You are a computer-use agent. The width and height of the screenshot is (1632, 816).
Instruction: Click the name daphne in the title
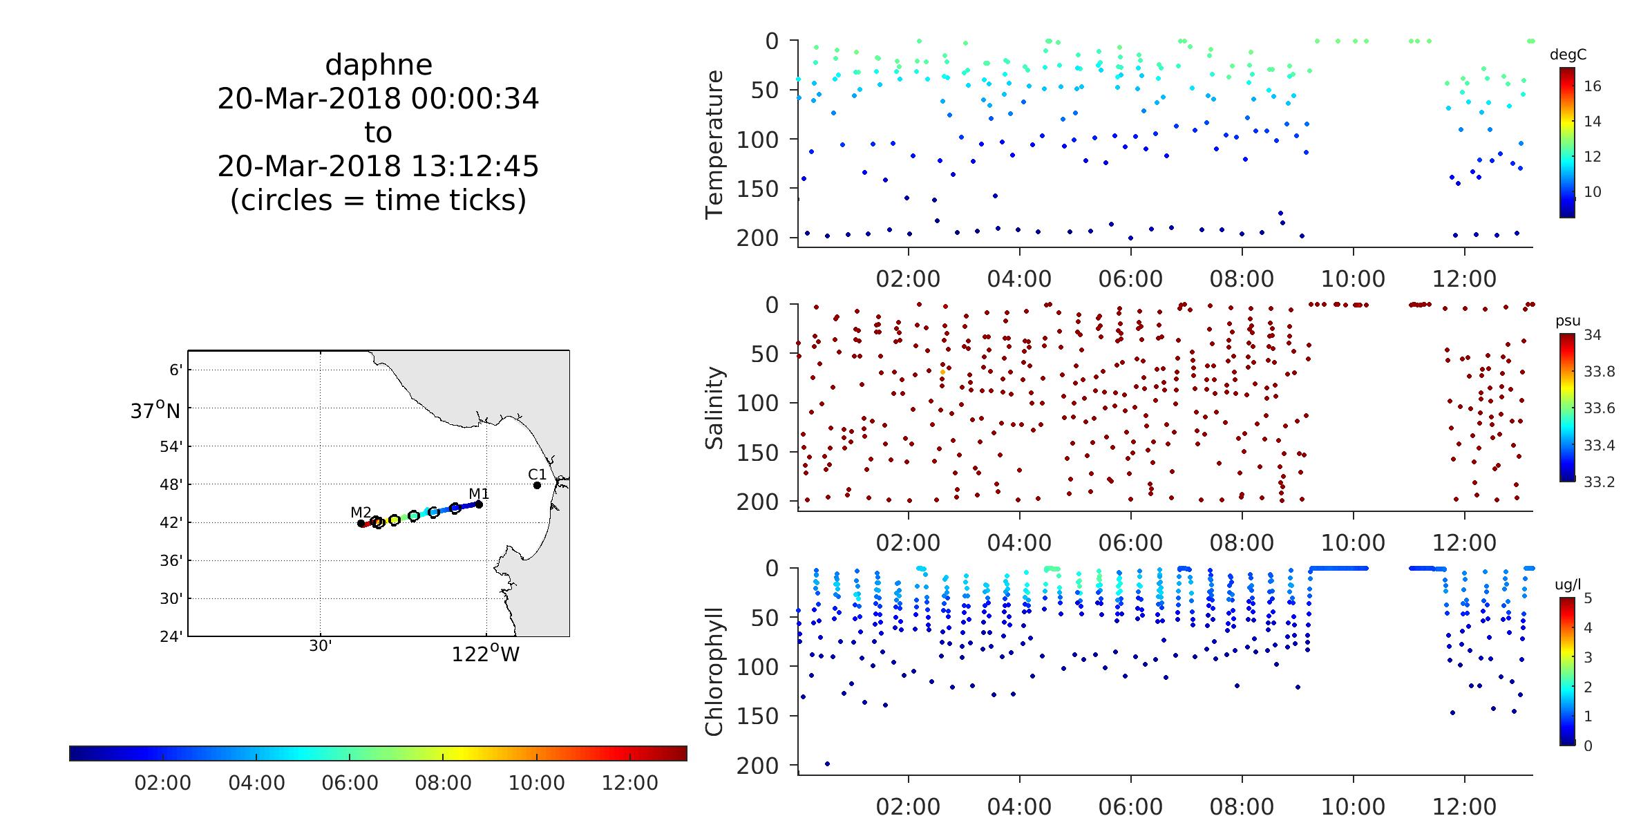tap(378, 65)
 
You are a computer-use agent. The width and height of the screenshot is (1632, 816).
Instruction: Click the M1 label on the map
tap(479, 493)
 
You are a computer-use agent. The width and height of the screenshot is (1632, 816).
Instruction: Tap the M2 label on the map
tap(361, 512)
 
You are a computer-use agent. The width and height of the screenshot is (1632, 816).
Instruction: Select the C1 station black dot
tap(537, 485)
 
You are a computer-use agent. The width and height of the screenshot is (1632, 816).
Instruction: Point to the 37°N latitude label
tap(155, 411)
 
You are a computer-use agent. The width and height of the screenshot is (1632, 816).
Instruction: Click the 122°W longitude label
tap(485, 654)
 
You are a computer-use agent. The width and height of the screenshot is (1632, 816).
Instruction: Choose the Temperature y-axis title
tap(714, 144)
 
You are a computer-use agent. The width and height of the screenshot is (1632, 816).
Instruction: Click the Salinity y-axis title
tap(714, 408)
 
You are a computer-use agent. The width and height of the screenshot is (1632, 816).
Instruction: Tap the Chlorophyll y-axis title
tap(714, 672)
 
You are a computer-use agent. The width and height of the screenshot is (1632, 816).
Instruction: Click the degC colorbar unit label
tap(1567, 55)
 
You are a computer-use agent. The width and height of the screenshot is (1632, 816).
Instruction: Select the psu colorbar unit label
tap(1568, 321)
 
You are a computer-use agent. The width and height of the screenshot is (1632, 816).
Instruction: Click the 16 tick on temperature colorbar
tap(1593, 86)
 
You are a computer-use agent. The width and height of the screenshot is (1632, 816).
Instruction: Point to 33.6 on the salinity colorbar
tap(1599, 408)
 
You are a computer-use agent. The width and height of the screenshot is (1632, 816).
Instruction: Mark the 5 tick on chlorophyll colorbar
tap(1588, 598)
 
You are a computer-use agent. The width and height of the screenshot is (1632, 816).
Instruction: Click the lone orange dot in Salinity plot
tap(942, 372)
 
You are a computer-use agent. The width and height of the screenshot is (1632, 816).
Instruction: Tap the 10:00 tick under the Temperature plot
tap(1353, 279)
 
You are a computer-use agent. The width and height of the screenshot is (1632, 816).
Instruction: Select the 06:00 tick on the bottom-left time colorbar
tap(350, 784)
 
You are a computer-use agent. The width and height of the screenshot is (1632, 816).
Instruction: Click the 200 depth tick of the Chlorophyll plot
tap(757, 766)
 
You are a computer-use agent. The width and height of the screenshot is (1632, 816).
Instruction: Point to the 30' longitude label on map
tap(320, 646)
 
